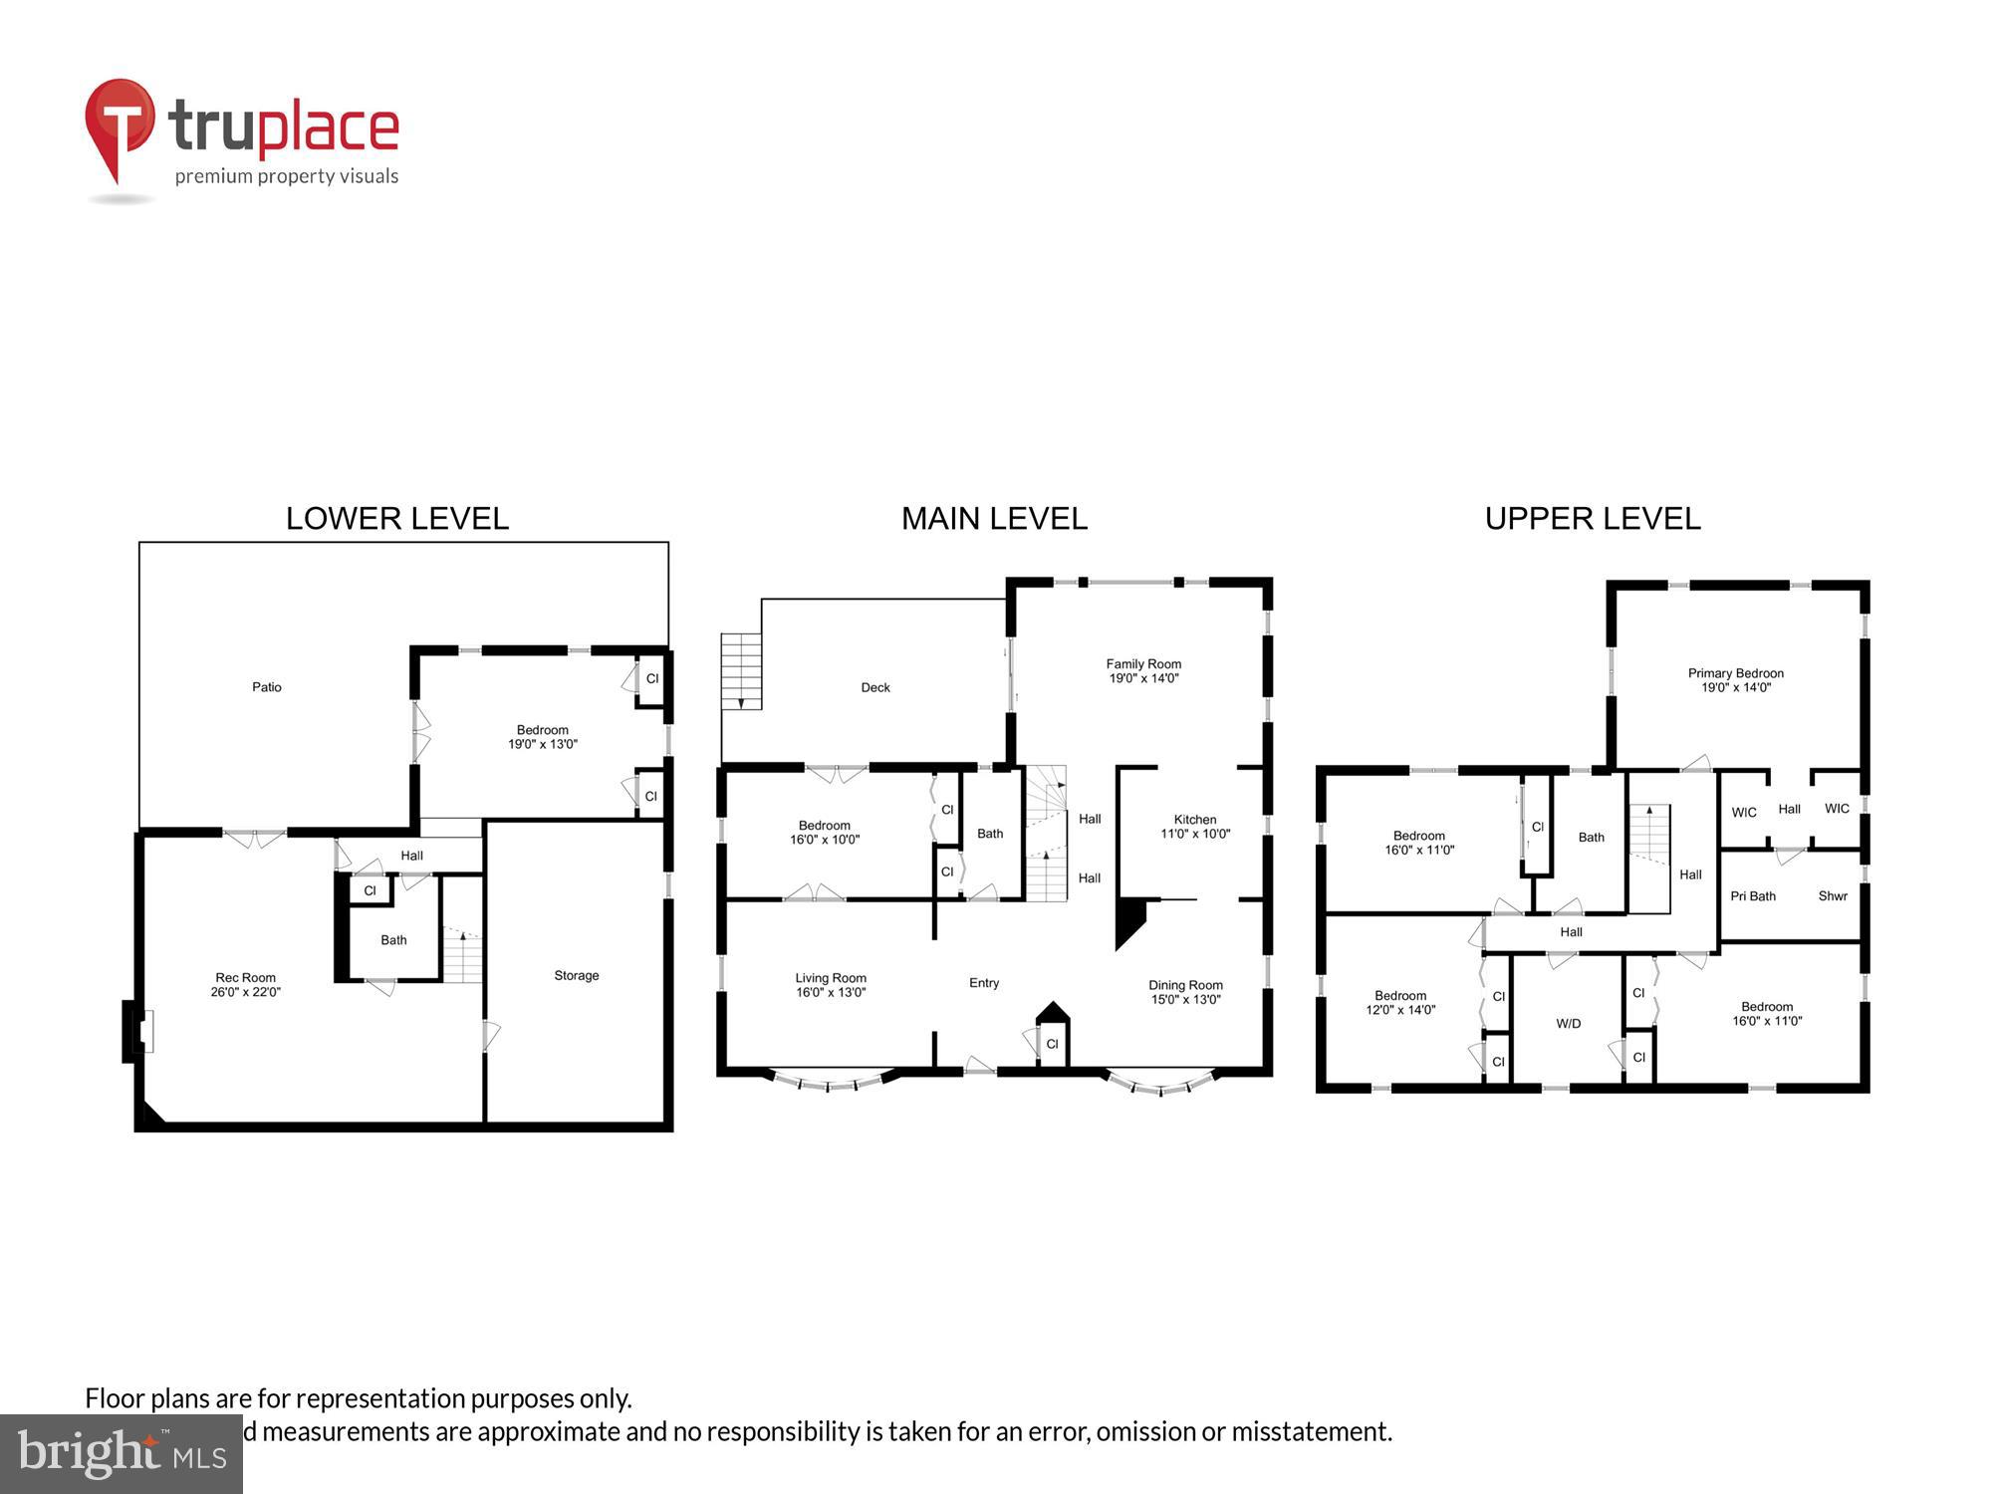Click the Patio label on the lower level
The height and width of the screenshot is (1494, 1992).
[x=266, y=687]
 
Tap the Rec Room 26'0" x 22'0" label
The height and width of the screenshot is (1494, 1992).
[x=245, y=985]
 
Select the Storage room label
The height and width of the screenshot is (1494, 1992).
[x=576, y=976]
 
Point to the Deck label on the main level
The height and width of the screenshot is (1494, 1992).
[x=874, y=688]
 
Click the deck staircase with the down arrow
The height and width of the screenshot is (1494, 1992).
[x=741, y=671]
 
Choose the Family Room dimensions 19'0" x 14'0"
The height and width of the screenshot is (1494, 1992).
[x=1143, y=679]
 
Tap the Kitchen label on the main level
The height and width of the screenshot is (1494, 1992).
[x=1194, y=820]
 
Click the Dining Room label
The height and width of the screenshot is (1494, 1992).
[x=1185, y=985]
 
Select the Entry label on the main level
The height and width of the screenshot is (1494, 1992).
[x=983, y=983]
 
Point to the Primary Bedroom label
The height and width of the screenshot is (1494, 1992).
[x=1735, y=673]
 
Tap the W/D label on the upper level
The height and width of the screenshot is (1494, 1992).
[x=1568, y=1024]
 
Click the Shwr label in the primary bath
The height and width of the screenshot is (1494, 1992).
[x=1832, y=896]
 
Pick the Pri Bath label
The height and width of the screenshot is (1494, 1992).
[x=1752, y=896]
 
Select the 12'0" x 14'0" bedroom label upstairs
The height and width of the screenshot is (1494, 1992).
[x=1399, y=1003]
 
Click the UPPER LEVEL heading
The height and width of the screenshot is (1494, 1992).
[x=1592, y=519]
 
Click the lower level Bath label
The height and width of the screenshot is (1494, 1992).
[x=393, y=940]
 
